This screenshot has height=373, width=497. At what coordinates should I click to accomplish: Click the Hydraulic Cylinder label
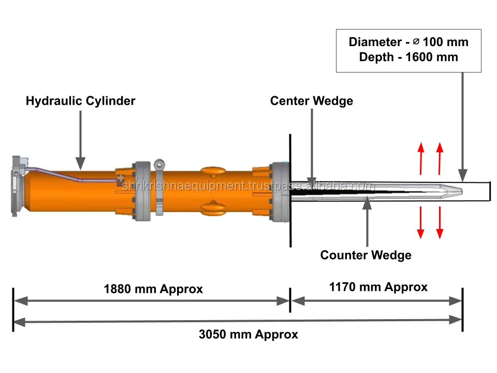(x=81, y=101)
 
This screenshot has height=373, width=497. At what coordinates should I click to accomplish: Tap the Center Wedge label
(x=312, y=101)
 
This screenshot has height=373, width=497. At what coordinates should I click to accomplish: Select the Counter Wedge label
(x=366, y=255)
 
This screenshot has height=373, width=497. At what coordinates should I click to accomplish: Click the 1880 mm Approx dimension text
(x=153, y=289)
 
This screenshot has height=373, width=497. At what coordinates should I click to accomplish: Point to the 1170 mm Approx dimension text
(x=378, y=287)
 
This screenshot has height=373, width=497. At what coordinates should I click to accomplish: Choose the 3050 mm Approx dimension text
(x=248, y=334)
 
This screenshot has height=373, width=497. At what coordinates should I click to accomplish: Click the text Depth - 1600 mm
(x=408, y=57)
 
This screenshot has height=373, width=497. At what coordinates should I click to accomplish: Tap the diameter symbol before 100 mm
(x=416, y=41)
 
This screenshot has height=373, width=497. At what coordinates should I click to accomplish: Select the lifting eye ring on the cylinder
(x=159, y=165)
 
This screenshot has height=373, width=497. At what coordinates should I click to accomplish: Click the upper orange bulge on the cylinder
(x=214, y=171)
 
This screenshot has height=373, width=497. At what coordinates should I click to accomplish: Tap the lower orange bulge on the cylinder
(x=214, y=208)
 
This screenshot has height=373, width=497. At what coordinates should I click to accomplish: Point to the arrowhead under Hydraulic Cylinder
(x=81, y=163)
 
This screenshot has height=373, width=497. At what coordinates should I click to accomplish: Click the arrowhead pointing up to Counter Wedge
(x=367, y=203)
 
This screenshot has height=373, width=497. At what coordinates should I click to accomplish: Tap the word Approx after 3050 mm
(x=276, y=334)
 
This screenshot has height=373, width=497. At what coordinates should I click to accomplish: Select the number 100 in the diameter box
(x=433, y=42)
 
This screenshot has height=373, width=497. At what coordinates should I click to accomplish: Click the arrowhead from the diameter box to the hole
(x=463, y=176)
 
